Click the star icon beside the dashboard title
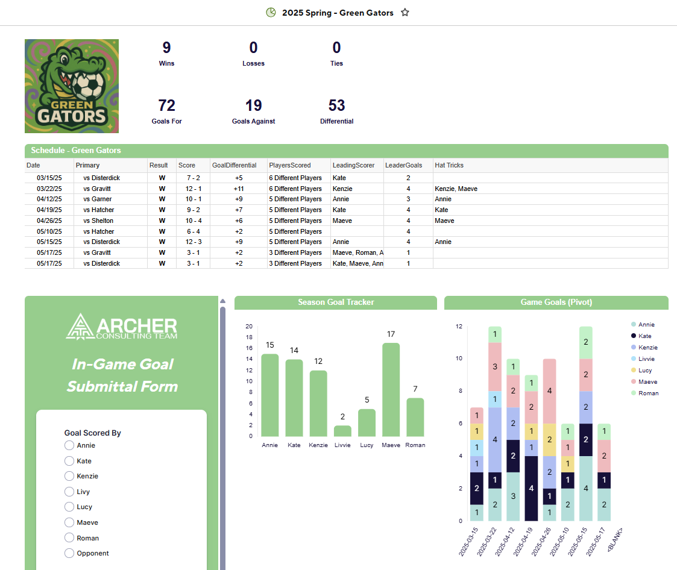(x=405, y=13)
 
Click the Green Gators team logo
(x=72, y=86)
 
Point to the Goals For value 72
(x=166, y=106)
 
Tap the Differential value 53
(x=336, y=106)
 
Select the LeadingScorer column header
(x=353, y=165)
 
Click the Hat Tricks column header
(x=449, y=165)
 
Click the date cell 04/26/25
(x=49, y=221)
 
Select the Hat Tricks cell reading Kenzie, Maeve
(x=456, y=189)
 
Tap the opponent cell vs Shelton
(x=98, y=221)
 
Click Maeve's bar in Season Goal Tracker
(x=391, y=389)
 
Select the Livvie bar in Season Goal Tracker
(x=342, y=431)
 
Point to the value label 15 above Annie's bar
(x=269, y=345)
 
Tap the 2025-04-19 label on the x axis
(x=521, y=539)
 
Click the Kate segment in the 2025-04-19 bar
(x=531, y=488)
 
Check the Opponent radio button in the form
(x=70, y=553)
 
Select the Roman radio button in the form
(x=70, y=538)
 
